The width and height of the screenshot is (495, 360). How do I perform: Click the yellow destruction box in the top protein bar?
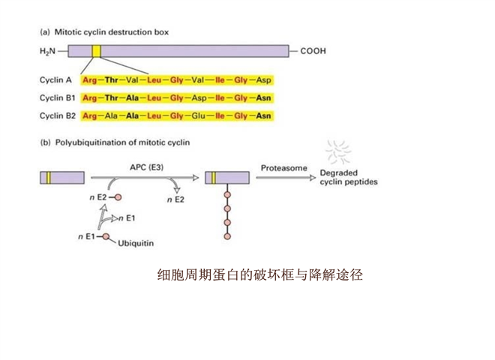(96, 51)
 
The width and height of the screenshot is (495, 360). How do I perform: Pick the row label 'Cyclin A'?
(55, 79)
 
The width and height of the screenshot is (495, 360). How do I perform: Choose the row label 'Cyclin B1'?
(57, 97)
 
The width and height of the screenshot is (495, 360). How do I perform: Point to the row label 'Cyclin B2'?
(57, 115)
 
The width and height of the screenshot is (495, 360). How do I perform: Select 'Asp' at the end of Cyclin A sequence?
(264, 79)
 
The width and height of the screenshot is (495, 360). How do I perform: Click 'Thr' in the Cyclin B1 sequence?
(112, 97)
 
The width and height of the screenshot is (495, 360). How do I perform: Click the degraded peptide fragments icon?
(343, 151)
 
